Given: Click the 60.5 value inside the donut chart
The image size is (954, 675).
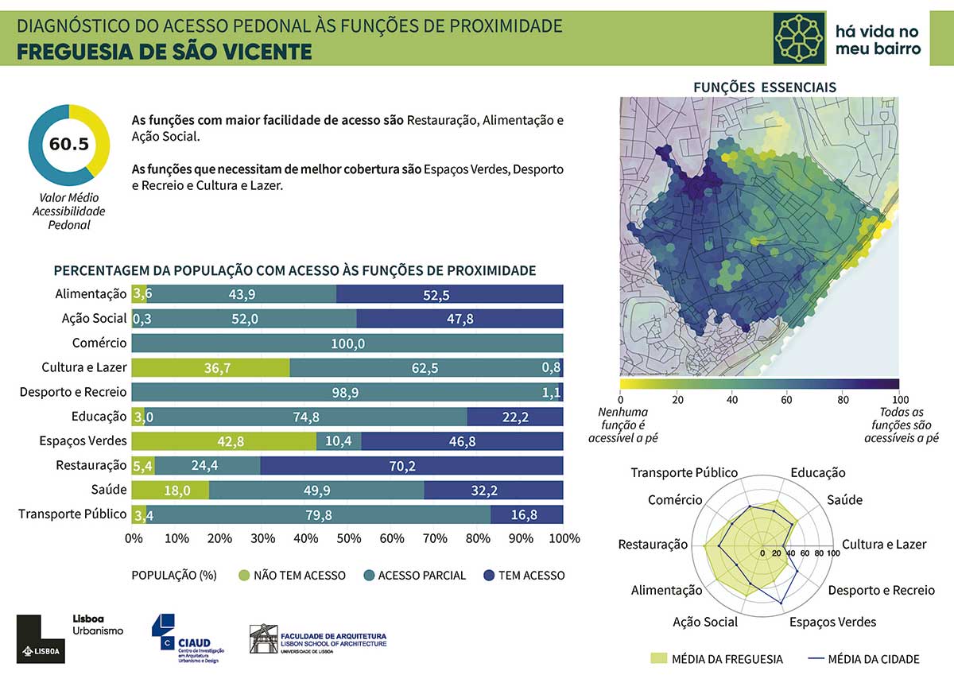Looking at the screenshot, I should [x=68, y=144].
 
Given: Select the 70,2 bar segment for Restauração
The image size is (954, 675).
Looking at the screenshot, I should [x=413, y=466].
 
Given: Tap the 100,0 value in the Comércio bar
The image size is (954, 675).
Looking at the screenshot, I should [x=348, y=343].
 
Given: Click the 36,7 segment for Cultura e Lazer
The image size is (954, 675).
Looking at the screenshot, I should [x=210, y=368].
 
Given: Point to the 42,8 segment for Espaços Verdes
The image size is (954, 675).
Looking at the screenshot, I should [x=223, y=441].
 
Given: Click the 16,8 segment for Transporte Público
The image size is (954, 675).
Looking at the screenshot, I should [x=525, y=515].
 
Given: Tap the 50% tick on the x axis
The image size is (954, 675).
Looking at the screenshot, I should [x=348, y=538].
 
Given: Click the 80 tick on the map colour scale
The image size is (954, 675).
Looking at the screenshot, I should [x=843, y=399].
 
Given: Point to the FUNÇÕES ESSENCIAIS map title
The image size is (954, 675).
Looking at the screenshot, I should [x=764, y=87].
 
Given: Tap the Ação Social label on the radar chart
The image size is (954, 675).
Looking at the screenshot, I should [x=705, y=622].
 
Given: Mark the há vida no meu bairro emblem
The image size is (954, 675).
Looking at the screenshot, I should [x=800, y=37].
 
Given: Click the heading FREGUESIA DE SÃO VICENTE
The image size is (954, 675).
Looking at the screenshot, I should [x=165, y=51].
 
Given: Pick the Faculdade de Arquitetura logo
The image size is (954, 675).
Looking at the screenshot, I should [x=318, y=638].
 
